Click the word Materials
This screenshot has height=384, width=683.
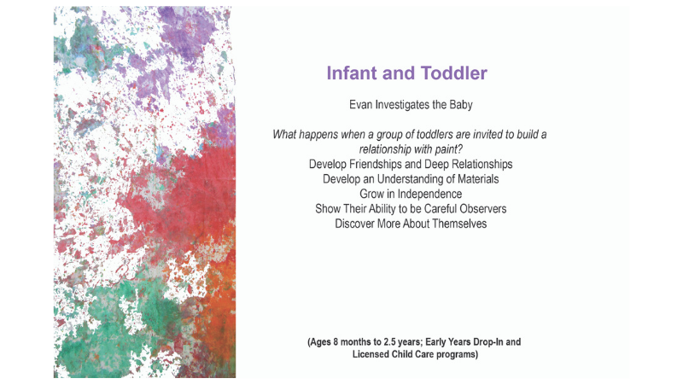(478, 179)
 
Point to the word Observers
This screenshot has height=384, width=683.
(487, 209)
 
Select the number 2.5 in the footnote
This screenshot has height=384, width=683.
(389, 342)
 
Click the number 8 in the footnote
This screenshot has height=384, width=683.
(336, 342)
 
